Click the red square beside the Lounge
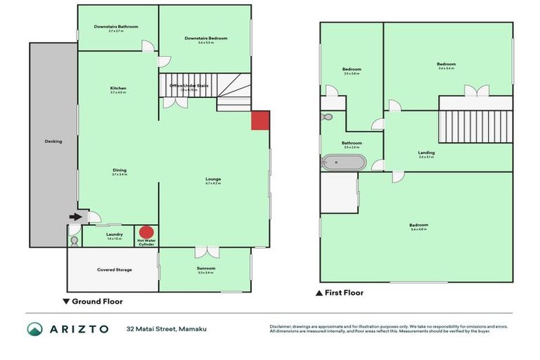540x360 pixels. click(x=260, y=120)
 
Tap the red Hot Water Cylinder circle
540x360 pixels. click(x=146, y=232)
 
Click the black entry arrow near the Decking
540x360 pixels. click(x=73, y=218)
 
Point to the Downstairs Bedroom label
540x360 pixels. click(x=204, y=39)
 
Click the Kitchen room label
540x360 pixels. click(x=117, y=89)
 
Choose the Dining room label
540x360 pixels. click(x=119, y=171)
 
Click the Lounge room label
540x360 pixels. click(x=212, y=181)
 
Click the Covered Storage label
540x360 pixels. click(x=114, y=270)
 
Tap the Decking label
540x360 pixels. click(x=53, y=141)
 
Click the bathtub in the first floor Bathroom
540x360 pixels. click(x=343, y=163)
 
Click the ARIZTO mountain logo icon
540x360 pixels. click(x=35, y=329)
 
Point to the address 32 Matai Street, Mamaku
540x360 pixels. click(x=167, y=329)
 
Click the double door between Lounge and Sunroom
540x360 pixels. click(x=205, y=251)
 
